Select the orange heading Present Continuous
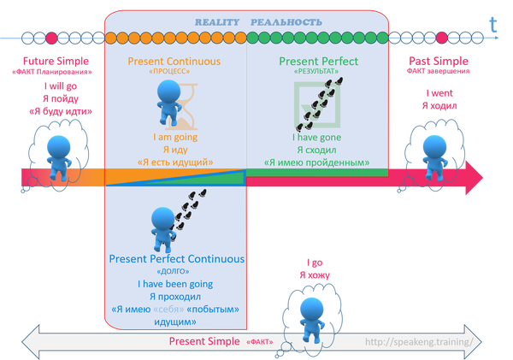coord(174,62)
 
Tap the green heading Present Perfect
coord(318,62)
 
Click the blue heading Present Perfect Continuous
coord(177,259)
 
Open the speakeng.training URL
coord(417,341)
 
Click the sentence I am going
coord(174,137)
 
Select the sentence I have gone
coord(317,137)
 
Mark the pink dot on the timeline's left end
coord(51,38)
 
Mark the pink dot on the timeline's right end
coord(441,38)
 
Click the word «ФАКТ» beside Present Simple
coord(260,342)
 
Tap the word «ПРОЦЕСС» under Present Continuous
coord(174,74)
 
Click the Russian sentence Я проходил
coord(175,296)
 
